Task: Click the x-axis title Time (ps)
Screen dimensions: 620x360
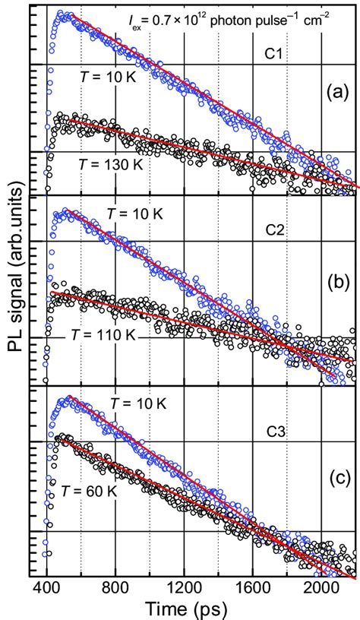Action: (x=193, y=606)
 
